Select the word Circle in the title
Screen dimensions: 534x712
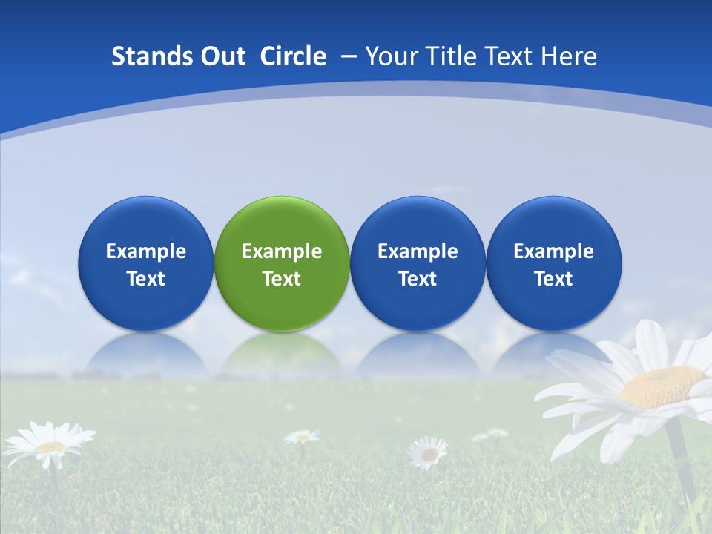(293, 56)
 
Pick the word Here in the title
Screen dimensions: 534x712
(568, 56)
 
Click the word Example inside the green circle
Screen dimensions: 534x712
(282, 251)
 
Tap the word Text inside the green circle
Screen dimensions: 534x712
(282, 279)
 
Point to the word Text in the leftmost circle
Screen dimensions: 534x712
(146, 279)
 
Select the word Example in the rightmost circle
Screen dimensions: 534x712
(554, 251)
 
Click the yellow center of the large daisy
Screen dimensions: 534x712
(662, 386)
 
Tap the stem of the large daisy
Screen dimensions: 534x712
(681, 460)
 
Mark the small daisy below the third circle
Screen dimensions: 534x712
(429, 452)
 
